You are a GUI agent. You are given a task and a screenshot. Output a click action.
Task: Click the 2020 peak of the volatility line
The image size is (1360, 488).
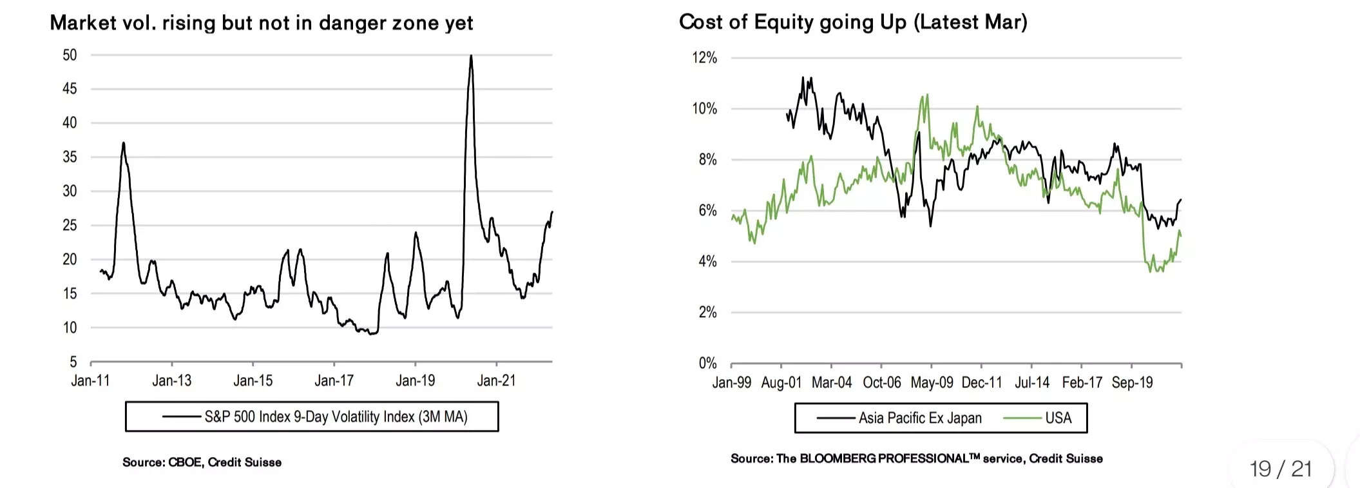tap(471, 57)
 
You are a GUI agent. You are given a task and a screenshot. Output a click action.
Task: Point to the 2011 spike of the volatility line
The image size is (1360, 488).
tap(123, 144)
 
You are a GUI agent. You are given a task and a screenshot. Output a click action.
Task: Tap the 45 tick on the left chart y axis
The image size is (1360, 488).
tap(70, 88)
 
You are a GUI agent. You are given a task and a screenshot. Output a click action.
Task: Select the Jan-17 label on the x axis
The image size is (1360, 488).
tap(334, 380)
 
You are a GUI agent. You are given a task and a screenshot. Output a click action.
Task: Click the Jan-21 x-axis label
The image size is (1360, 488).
tap(496, 380)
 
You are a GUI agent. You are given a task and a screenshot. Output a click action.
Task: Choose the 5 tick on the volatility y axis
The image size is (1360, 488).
tap(73, 362)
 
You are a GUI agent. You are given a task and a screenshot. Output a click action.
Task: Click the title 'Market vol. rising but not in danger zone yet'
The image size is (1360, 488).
tap(261, 23)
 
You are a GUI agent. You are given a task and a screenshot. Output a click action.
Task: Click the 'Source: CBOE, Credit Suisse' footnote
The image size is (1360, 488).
tap(202, 462)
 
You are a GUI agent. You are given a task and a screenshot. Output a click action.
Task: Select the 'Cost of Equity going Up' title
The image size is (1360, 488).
tap(852, 22)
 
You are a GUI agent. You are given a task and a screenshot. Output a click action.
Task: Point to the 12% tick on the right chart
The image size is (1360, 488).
tap(704, 58)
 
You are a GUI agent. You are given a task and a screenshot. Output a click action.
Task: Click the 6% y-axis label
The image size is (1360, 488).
tap(707, 210)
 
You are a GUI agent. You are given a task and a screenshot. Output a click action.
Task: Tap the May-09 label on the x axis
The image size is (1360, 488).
tap(932, 382)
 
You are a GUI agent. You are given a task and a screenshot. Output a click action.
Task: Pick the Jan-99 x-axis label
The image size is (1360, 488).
tap(731, 382)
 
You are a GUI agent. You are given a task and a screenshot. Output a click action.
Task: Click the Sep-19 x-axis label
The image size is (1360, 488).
tap(1132, 382)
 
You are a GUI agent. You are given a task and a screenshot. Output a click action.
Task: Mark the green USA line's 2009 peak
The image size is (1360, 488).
tap(926, 96)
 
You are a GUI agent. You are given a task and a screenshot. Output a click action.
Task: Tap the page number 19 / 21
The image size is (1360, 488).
tap(1281, 469)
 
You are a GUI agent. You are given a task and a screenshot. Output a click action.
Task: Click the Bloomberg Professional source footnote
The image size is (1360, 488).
tap(916, 458)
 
